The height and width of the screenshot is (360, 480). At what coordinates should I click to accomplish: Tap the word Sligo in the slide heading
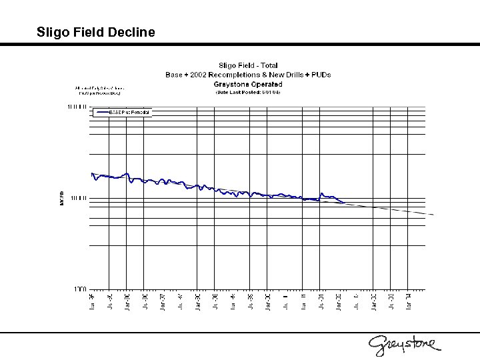(x=52, y=31)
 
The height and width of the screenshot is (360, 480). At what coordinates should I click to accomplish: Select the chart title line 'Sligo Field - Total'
(x=248, y=65)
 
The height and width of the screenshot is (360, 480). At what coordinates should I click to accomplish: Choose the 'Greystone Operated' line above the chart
(x=248, y=84)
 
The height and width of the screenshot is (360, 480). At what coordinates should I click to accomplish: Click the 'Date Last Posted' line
(x=248, y=93)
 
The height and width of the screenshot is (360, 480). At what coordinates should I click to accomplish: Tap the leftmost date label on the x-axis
(x=93, y=302)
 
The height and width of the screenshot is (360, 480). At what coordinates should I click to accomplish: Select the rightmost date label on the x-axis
(x=409, y=302)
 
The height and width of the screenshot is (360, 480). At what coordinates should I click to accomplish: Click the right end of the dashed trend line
(x=433, y=215)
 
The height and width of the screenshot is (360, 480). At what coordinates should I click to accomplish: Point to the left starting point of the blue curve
(x=92, y=173)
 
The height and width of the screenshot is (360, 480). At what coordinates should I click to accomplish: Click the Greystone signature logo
(x=404, y=344)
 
